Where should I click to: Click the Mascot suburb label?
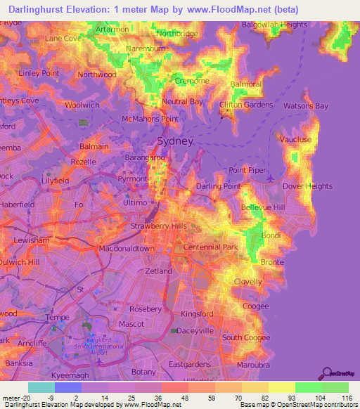[131, 326]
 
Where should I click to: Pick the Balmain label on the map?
[94, 146]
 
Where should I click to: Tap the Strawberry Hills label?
[159, 226]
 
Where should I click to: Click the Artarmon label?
[112, 30]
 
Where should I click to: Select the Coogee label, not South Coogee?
[255, 306]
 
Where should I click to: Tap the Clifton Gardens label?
[246, 105]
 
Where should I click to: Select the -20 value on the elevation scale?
[21, 397]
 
